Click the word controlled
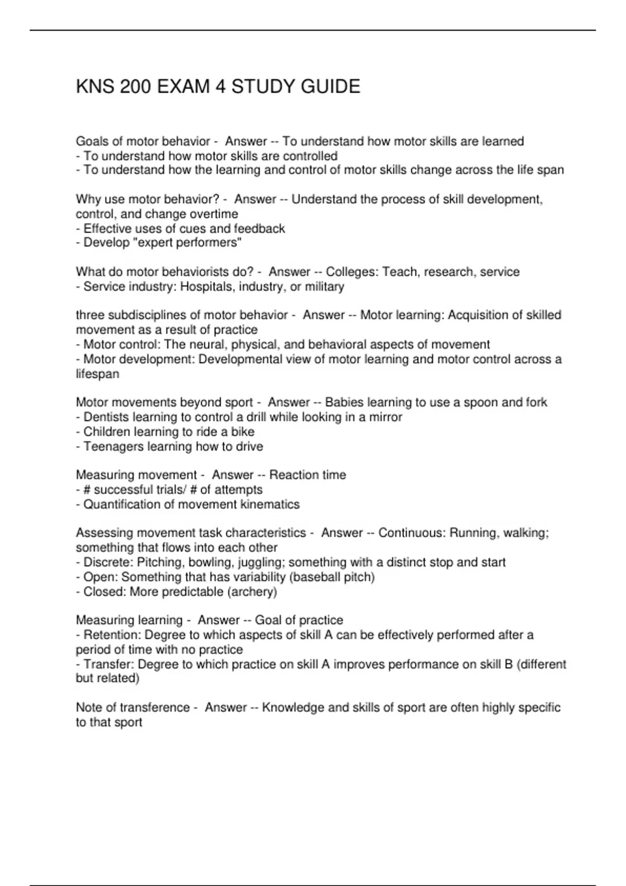tap(310, 156)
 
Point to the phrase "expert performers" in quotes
tap(202, 243)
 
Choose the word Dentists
tap(106, 417)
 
